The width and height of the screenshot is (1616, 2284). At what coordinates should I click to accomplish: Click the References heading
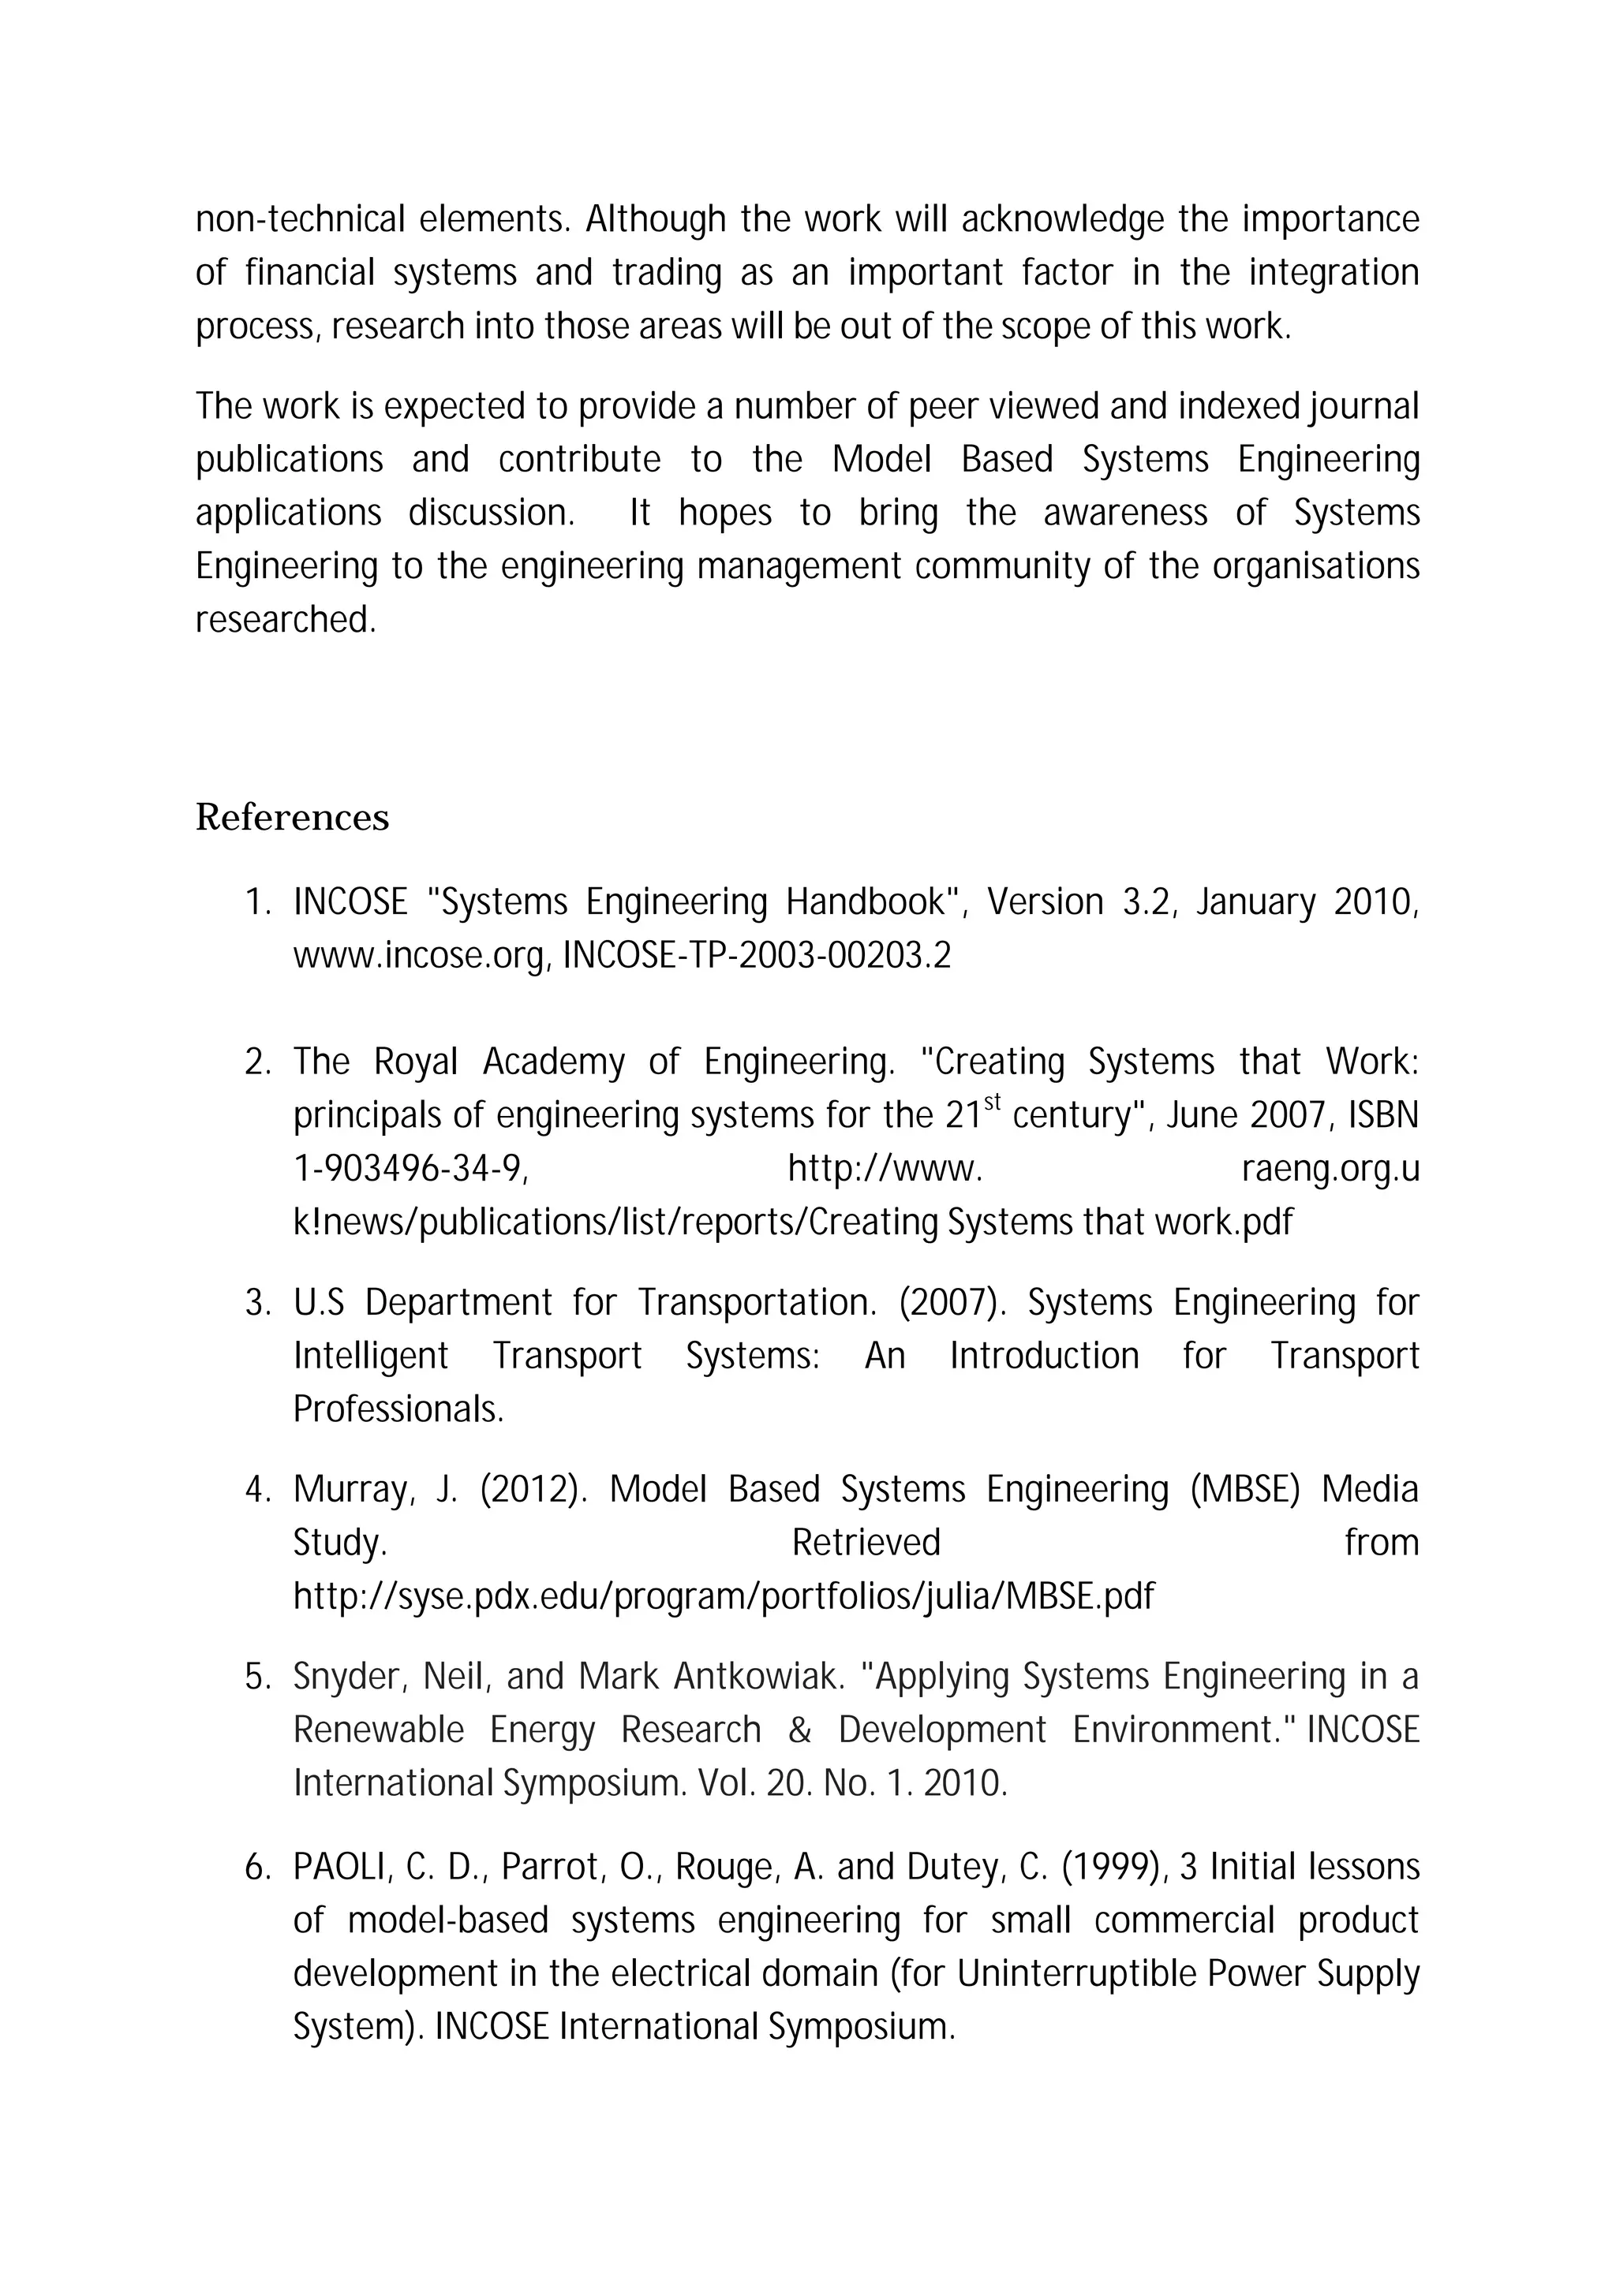[291, 818]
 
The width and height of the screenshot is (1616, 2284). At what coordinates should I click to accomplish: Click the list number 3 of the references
[256, 1303]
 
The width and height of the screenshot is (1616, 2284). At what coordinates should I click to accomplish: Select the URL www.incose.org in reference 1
[419, 956]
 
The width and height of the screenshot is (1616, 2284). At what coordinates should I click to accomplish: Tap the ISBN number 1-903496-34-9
[409, 1170]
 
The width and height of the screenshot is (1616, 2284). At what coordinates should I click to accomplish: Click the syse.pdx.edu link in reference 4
[724, 1596]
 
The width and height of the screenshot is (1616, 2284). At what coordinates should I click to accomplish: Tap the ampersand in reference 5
[799, 1731]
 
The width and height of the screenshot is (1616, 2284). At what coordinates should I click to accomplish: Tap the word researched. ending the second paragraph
[286, 620]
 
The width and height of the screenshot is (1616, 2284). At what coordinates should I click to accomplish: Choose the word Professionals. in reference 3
[398, 1409]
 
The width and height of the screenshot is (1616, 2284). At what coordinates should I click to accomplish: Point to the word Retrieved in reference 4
[866, 1543]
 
